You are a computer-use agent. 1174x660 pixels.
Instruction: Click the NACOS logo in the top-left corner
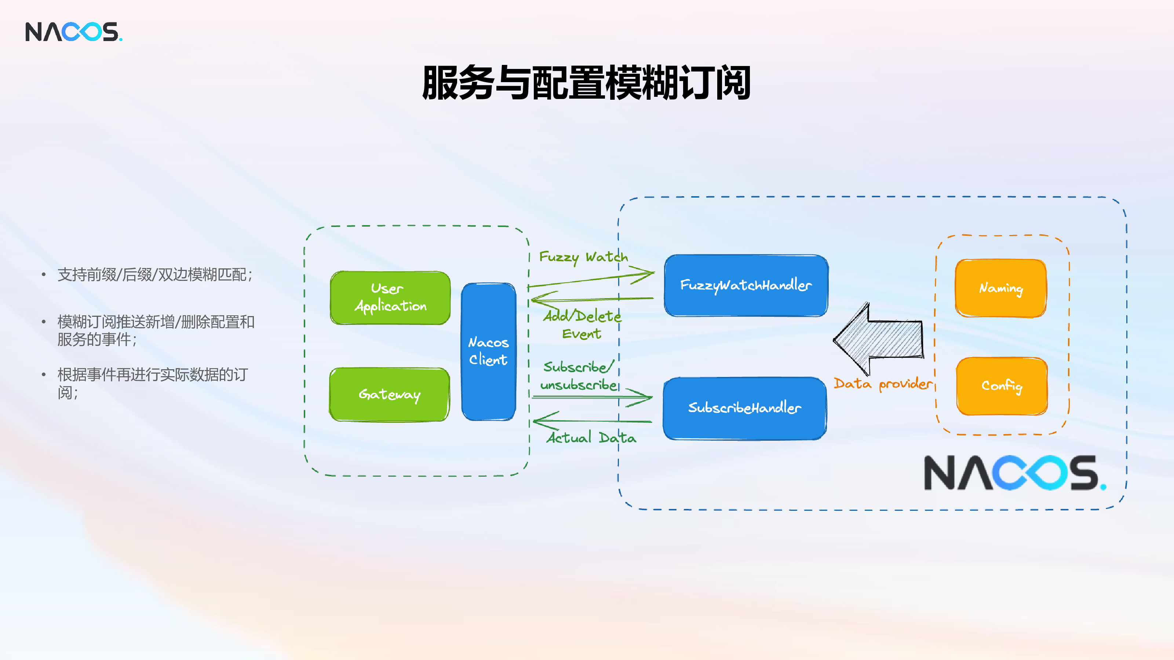[x=74, y=32]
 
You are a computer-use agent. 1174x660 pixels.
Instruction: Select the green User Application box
[x=390, y=298]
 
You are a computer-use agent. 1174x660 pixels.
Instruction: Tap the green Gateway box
[x=390, y=395]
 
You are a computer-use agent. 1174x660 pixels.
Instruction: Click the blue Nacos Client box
[x=489, y=351]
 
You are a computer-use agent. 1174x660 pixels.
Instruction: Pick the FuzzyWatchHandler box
[x=746, y=285]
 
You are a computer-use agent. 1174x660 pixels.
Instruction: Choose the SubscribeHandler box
[x=745, y=408]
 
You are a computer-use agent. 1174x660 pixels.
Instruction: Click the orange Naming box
[x=1001, y=288]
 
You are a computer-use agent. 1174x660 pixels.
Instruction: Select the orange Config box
[x=1002, y=386]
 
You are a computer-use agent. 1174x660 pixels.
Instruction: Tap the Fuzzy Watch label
[x=584, y=257]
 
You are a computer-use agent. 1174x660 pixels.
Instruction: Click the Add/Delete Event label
[x=582, y=324]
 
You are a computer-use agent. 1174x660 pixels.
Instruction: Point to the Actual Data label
[x=591, y=437]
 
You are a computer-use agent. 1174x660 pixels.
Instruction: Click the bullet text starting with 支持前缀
[x=155, y=275]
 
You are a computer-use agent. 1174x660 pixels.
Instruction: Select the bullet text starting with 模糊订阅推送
[x=156, y=330]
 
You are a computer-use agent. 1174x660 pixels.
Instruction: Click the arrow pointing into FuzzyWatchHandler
[x=591, y=279]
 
